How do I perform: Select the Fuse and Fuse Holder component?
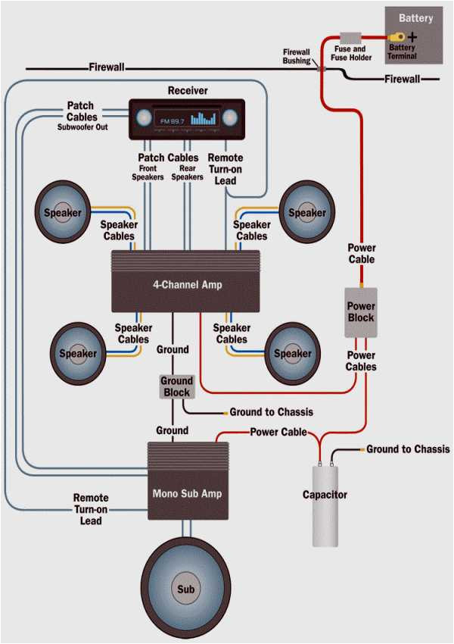pyautogui.click(x=350, y=37)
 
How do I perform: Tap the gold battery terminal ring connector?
pyautogui.click(x=396, y=36)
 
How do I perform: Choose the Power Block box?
pyautogui.click(x=361, y=312)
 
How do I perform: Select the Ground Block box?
pyautogui.click(x=176, y=386)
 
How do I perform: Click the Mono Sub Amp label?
pyautogui.click(x=187, y=493)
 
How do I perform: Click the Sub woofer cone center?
pyautogui.click(x=185, y=589)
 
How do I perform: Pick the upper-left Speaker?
pyautogui.click(x=63, y=213)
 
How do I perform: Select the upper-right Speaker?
pyautogui.click(x=306, y=213)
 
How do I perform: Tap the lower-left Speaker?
pyautogui.click(x=78, y=353)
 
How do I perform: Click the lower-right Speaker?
pyautogui.click(x=292, y=353)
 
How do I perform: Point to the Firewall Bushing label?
pyautogui.click(x=297, y=55)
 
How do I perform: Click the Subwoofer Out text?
pyautogui.click(x=82, y=127)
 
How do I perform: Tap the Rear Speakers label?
pyautogui.click(x=187, y=172)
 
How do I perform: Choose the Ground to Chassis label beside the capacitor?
pyautogui.click(x=408, y=449)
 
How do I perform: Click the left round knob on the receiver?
pyautogui.click(x=144, y=118)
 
